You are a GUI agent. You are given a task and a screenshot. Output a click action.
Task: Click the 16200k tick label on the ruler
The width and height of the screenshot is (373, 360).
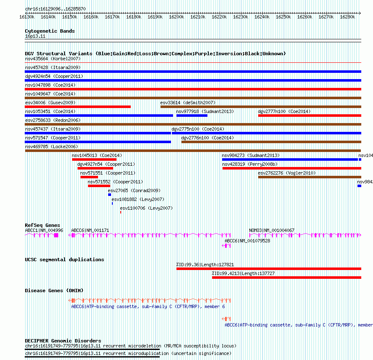[x=176, y=17]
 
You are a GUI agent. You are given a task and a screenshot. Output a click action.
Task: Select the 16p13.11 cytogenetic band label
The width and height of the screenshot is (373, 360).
[x=35, y=36]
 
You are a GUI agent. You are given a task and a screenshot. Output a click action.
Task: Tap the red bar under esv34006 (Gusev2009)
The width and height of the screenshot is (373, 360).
[x=78, y=107]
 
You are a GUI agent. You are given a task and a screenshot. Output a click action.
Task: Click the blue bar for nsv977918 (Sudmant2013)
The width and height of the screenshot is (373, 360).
[x=192, y=116]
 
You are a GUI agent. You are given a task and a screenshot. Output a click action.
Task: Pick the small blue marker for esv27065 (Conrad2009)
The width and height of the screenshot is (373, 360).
[x=109, y=195]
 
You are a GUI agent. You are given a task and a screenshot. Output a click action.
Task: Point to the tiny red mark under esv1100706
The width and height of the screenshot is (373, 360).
[x=121, y=212]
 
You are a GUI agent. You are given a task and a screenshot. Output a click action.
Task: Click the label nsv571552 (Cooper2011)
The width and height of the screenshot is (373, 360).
[x=115, y=182]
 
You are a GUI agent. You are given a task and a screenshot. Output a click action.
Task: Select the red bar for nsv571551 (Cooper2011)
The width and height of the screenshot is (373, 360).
[x=89, y=177]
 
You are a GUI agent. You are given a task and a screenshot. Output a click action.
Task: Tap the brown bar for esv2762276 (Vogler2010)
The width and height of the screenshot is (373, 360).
[x=309, y=177]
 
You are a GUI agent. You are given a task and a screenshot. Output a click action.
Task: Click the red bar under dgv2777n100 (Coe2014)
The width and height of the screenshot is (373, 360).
[x=309, y=116]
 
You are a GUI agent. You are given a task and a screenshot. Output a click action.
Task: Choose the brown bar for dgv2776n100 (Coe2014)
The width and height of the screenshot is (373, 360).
[x=271, y=142]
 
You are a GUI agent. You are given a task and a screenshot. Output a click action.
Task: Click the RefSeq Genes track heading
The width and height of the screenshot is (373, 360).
[x=42, y=225]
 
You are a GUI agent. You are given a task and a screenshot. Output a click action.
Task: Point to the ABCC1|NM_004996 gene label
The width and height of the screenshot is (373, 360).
[x=44, y=230]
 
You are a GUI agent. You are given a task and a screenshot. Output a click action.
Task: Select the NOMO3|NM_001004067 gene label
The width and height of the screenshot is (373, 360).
[x=272, y=230]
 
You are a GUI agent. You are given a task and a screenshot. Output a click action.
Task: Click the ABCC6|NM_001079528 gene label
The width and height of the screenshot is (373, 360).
[x=247, y=241]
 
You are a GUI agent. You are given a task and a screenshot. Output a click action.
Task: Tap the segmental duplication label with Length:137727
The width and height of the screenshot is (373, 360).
[x=243, y=273]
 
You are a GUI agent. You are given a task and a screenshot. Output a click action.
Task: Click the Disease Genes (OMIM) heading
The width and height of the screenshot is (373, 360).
[x=54, y=291]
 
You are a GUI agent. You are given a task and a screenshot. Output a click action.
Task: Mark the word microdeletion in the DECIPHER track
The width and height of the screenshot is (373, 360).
[x=145, y=346]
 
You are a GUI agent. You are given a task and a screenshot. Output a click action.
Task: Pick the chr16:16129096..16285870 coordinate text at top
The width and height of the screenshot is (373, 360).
[x=55, y=9]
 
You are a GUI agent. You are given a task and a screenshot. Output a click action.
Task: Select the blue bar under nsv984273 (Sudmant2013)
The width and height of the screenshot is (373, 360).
[x=290, y=159]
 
